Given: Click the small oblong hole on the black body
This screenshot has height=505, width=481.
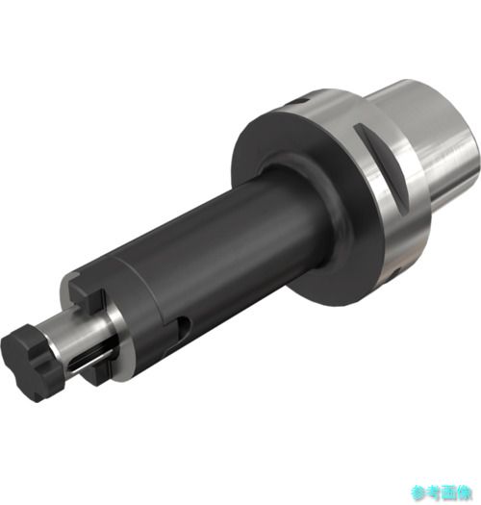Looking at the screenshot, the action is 183,328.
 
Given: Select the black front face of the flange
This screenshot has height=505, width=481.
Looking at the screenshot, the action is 310,206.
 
